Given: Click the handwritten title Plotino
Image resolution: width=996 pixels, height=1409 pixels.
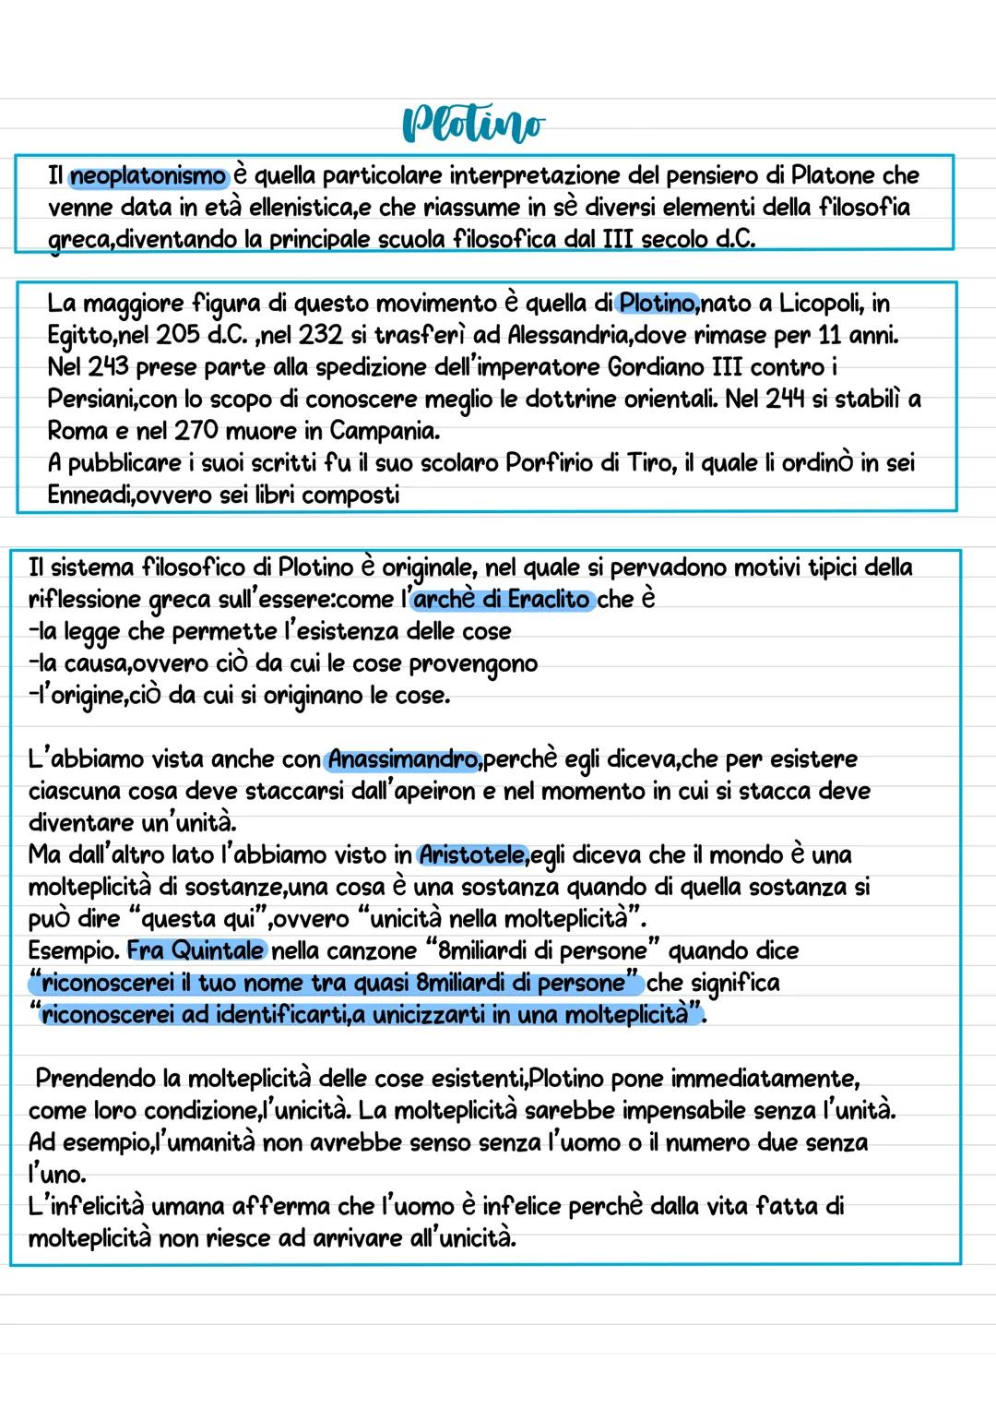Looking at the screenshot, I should (473, 125).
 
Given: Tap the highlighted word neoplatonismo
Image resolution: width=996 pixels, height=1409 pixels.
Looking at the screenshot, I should (148, 175).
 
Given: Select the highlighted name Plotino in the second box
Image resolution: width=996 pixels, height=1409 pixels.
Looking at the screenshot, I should (658, 303).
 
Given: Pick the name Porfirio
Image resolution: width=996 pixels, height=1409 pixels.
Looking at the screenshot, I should (550, 462).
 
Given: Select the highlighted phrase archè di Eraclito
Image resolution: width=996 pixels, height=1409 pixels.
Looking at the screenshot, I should (502, 600).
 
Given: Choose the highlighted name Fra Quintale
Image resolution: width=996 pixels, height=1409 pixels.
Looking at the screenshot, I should (196, 950).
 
